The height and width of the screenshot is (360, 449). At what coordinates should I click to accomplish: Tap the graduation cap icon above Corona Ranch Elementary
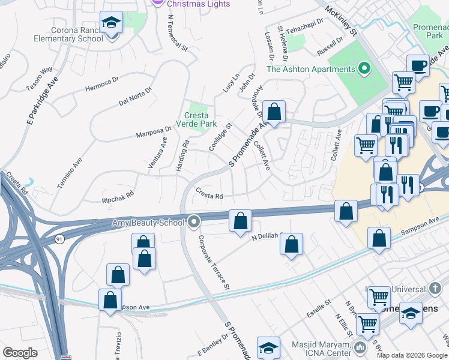(111, 23)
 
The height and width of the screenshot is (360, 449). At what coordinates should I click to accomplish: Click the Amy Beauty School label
(148, 223)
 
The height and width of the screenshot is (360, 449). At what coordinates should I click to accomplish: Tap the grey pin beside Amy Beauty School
(193, 222)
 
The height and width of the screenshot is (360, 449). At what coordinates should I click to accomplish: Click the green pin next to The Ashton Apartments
(363, 69)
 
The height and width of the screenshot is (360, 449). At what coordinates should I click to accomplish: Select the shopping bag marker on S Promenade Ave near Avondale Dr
(274, 112)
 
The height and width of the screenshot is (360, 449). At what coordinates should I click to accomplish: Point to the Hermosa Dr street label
(103, 82)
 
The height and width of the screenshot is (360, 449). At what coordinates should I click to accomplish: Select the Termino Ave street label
(70, 174)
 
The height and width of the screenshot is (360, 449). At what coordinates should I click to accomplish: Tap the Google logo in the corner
(20, 353)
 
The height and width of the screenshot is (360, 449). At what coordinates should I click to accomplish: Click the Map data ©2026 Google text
(411, 355)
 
